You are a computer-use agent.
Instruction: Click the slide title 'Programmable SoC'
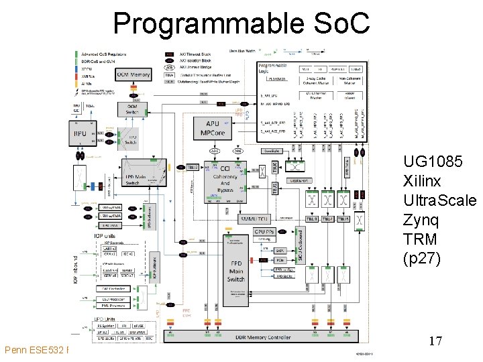pos(241,23)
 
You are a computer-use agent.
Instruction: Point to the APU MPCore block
pos(213,127)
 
